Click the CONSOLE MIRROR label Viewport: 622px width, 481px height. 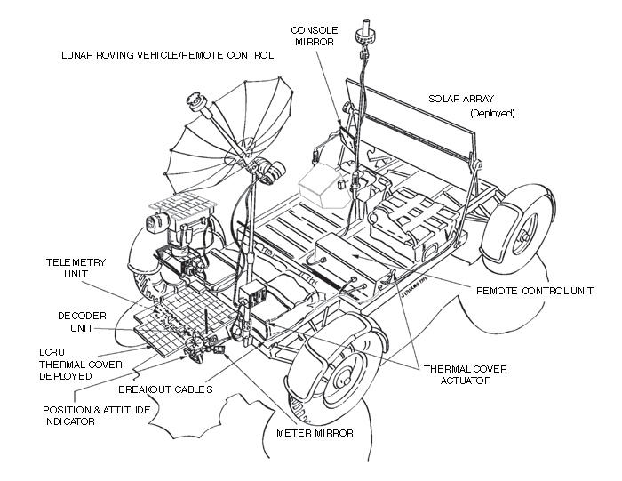[x=315, y=36]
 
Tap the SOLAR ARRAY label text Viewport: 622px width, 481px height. [x=461, y=100]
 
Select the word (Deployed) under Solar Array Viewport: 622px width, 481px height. [x=491, y=114]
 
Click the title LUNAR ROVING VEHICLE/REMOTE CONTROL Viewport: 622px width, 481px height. [x=167, y=55]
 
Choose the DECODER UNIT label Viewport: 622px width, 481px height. [x=83, y=321]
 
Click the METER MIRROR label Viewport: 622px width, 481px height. [x=315, y=434]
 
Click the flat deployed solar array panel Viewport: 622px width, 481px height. [x=409, y=120]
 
